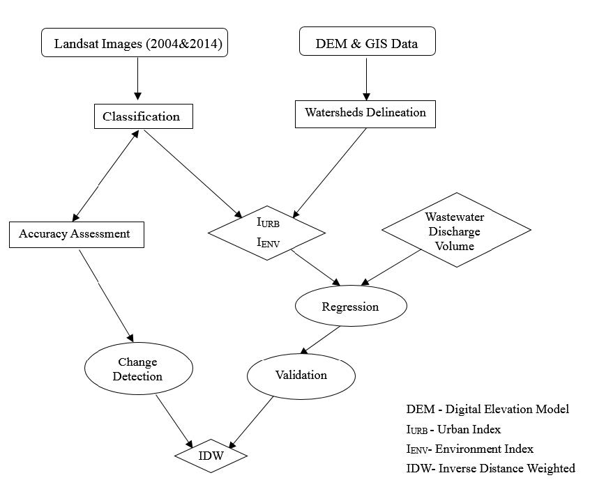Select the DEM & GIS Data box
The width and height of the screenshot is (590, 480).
pyautogui.click(x=367, y=42)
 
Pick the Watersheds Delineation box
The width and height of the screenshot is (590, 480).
pyautogui.click(x=365, y=112)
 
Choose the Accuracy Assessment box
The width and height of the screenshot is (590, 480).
pyautogui.click(x=75, y=234)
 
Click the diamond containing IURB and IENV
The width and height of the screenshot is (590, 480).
pyautogui.click(x=267, y=233)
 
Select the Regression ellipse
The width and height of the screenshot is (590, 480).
pyautogui.click(x=350, y=307)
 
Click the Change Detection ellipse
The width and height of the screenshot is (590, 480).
pyautogui.click(x=138, y=369)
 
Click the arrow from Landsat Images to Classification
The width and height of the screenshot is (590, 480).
pyautogui.click(x=137, y=79)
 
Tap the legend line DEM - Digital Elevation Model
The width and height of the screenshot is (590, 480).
pyautogui.click(x=487, y=409)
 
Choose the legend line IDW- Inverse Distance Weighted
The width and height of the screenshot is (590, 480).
pyautogui.click(x=490, y=468)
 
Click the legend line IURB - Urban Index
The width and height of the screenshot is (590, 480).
pyautogui.click(x=453, y=429)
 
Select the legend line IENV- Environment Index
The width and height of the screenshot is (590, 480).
pyautogui.click(x=469, y=449)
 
